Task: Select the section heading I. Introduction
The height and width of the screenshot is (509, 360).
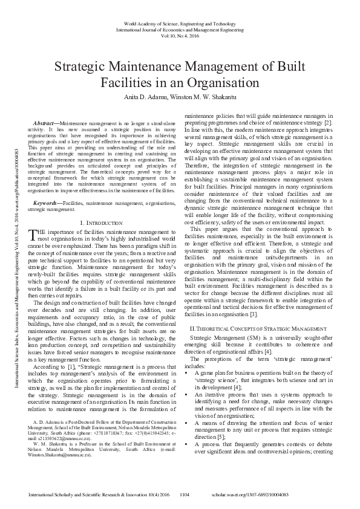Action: point(102,223)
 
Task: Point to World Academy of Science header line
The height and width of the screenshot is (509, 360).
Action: point(180,22)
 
